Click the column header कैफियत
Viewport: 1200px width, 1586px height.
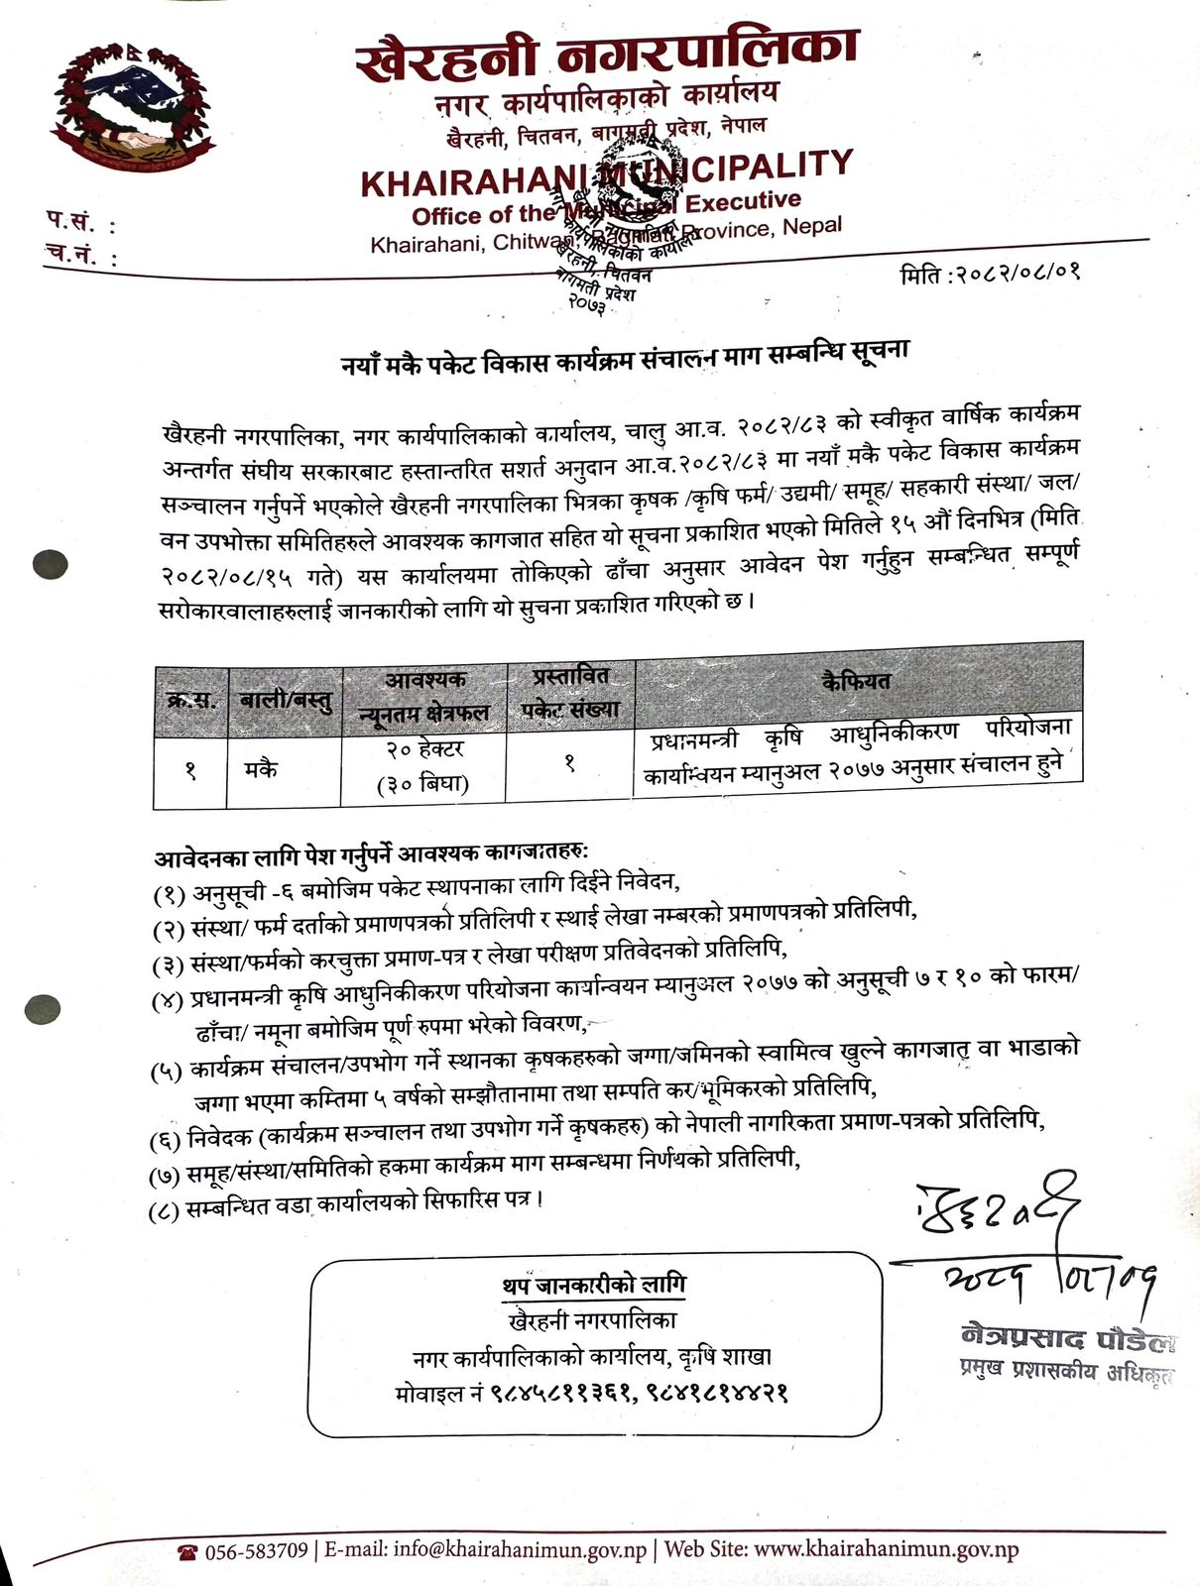857,680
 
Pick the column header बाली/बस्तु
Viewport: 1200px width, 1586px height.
285,700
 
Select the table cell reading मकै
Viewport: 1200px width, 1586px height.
261,768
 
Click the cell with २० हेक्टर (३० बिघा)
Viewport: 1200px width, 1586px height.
423,766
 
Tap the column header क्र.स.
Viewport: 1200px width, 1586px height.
191,700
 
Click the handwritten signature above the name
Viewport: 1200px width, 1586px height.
992,1215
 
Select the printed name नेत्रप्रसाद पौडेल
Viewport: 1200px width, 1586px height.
1066,1338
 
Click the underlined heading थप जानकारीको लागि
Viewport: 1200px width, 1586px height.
593,1285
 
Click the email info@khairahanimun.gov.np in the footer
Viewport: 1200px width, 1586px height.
520,1549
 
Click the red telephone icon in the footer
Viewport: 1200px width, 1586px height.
187,1551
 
